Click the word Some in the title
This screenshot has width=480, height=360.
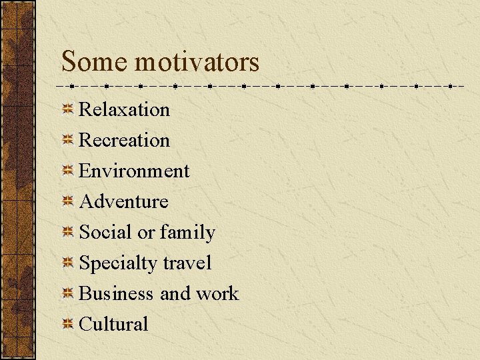click(x=95, y=62)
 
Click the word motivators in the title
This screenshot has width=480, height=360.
click(x=197, y=62)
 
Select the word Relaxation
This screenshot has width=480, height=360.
click(x=124, y=109)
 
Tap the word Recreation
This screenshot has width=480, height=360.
click(x=124, y=140)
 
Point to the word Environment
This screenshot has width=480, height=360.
click(x=134, y=171)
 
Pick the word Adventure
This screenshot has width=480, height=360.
click(x=123, y=201)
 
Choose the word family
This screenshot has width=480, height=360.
click(x=187, y=233)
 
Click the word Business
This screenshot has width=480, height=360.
click(x=115, y=293)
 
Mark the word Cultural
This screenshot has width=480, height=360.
click(x=113, y=324)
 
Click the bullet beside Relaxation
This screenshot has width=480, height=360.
click(x=67, y=109)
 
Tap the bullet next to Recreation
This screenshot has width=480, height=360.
click(x=67, y=140)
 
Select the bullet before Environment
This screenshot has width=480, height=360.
click(x=67, y=171)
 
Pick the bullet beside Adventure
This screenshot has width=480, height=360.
click(x=67, y=201)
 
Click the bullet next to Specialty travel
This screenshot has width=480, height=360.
click(x=67, y=263)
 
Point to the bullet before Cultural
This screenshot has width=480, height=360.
click(x=67, y=324)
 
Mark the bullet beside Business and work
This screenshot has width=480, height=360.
click(x=67, y=293)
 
